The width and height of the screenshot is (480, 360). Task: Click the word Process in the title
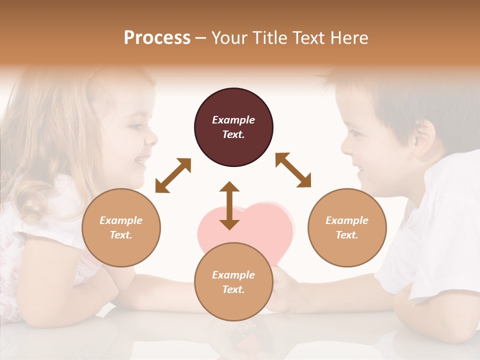pyautogui.click(x=157, y=38)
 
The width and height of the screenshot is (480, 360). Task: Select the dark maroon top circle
pyautogui.click(x=233, y=127)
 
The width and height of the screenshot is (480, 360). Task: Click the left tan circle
pyautogui.click(x=121, y=227)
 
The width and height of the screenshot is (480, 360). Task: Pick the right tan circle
pyautogui.click(x=347, y=227)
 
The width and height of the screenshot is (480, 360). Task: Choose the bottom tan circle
pyautogui.click(x=233, y=281)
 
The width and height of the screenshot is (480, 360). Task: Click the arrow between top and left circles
pyautogui.click(x=173, y=175)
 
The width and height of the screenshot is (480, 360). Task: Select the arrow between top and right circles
pyautogui.click(x=293, y=170)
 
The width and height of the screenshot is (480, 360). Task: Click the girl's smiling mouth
pyautogui.click(x=141, y=159)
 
